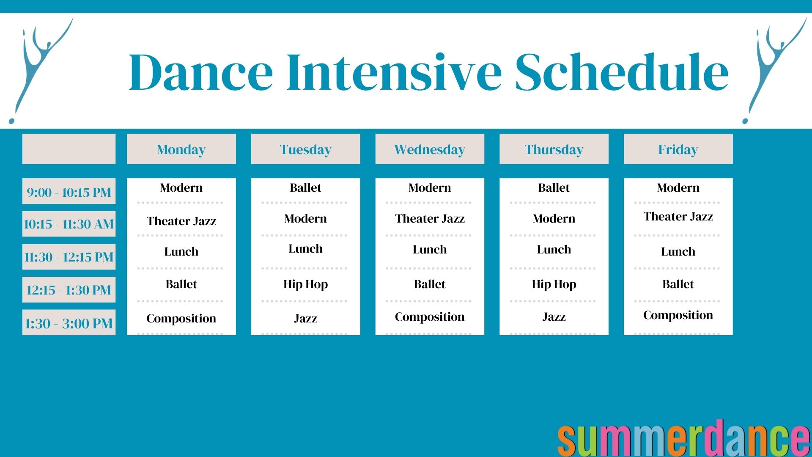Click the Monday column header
[x=181, y=149]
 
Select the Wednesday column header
[x=429, y=149]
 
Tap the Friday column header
[x=678, y=149]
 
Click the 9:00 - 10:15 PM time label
[x=69, y=192]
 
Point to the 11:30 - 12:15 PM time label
[x=69, y=257]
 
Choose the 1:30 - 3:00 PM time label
[x=69, y=323]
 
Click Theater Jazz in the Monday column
[x=181, y=221]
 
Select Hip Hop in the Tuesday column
[x=305, y=284]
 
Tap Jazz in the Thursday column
[x=554, y=317]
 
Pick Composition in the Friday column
[x=678, y=315]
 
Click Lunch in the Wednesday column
[x=429, y=250]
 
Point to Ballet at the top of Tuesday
[x=305, y=187]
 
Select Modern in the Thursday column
[x=554, y=219]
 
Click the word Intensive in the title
[x=393, y=72]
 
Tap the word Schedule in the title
[x=622, y=72]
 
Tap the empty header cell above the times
[x=69, y=149]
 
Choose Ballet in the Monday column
[x=181, y=284]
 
